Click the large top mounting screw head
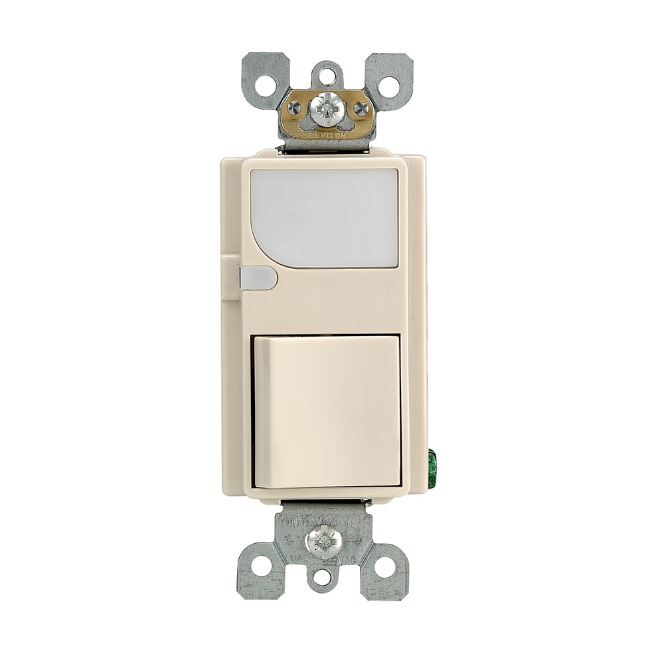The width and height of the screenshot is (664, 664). [326, 108]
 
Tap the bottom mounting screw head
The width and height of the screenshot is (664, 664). [323, 542]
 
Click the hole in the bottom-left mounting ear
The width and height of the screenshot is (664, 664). [261, 566]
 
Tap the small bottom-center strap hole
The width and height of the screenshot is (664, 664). [322, 578]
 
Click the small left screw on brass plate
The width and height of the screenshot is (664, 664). [293, 108]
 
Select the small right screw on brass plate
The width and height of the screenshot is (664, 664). [361, 108]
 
